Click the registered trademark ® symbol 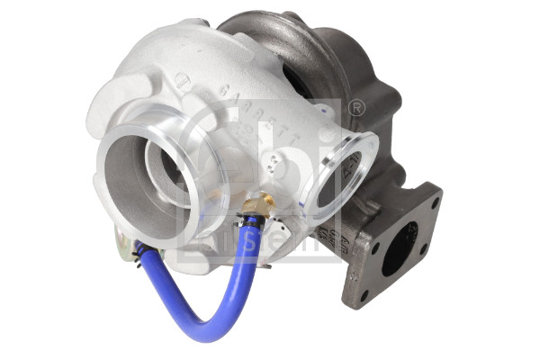pos(357,109)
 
